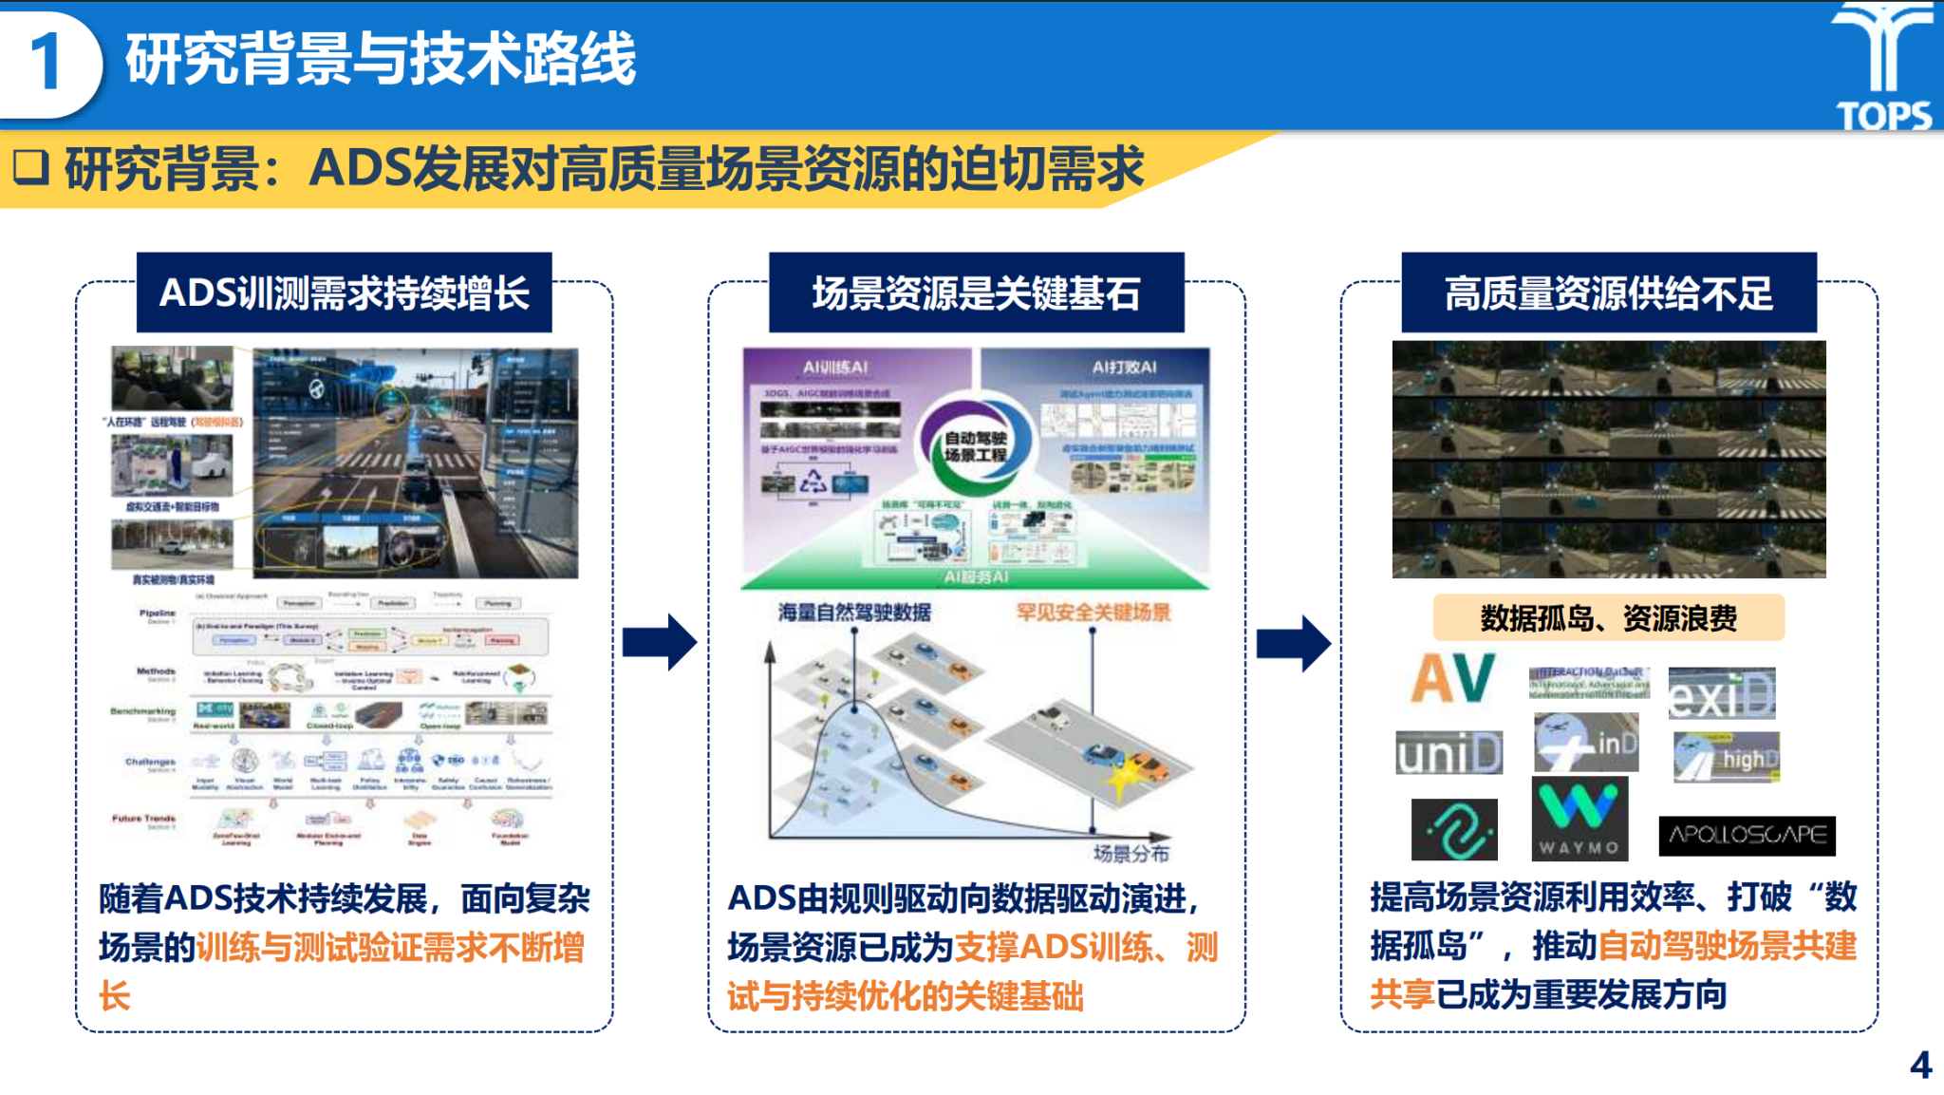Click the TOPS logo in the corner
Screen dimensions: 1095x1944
pyautogui.click(x=1884, y=66)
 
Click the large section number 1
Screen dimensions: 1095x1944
pyautogui.click(x=46, y=63)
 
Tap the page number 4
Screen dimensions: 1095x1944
pyautogui.click(x=1920, y=1065)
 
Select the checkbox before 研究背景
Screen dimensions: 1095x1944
pyautogui.click(x=30, y=167)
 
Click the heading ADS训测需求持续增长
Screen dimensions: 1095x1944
pyautogui.click(x=344, y=293)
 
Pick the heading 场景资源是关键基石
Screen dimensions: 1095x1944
pyautogui.click(x=976, y=293)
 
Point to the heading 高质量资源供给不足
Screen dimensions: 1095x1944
pyautogui.click(x=1608, y=293)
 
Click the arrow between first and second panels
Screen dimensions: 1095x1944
pyautogui.click(x=660, y=642)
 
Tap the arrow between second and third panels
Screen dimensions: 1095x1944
pyautogui.click(x=1293, y=643)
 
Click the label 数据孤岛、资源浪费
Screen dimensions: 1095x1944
pyautogui.click(x=1608, y=618)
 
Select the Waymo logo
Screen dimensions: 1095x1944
pyautogui.click(x=1579, y=818)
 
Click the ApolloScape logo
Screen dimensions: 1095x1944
pyautogui.click(x=1747, y=835)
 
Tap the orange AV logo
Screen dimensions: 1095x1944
pyautogui.click(x=1452, y=678)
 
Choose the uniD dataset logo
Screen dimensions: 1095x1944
pyautogui.click(x=1449, y=753)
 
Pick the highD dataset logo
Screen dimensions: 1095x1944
pyautogui.click(x=1726, y=757)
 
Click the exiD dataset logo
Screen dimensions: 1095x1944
pyautogui.click(x=1721, y=694)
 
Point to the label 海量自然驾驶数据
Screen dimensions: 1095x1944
pyautogui.click(x=854, y=613)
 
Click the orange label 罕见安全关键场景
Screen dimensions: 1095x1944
pyautogui.click(x=1093, y=613)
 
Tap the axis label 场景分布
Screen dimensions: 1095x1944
pyautogui.click(x=1131, y=853)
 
